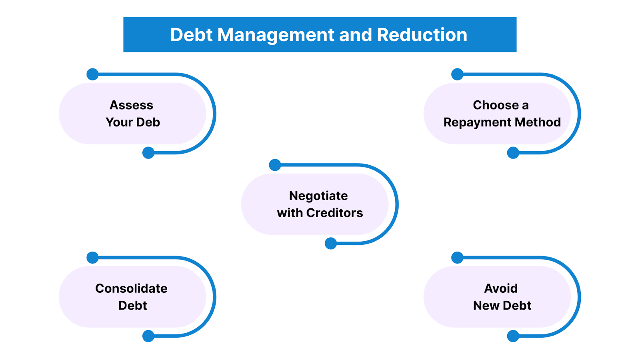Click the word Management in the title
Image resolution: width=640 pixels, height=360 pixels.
(x=275, y=35)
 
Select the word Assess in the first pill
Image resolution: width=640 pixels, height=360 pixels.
(x=131, y=105)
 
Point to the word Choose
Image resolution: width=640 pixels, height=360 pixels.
(x=495, y=105)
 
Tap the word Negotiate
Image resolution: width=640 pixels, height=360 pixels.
(x=318, y=196)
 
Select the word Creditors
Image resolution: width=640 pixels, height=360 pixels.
(x=334, y=213)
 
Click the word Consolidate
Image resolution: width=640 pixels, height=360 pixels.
(x=131, y=288)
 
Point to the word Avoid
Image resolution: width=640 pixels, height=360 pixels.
(x=501, y=288)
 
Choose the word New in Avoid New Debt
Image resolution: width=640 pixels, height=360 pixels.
(x=486, y=306)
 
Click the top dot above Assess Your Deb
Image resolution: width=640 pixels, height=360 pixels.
(x=92, y=74)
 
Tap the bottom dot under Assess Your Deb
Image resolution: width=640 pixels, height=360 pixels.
(x=148, y=153)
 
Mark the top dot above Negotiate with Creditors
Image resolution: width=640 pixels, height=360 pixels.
(x=275, y=165)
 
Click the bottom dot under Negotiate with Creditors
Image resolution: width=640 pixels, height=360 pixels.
(x=331, y=243)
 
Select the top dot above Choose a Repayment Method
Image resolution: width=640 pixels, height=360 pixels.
(x=457, y=74)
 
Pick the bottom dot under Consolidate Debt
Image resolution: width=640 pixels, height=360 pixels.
(x=148, y=336)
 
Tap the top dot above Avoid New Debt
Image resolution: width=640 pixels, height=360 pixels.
(x=457, y=258)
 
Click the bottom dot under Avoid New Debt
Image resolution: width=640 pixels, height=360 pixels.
(x=513, y=336)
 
